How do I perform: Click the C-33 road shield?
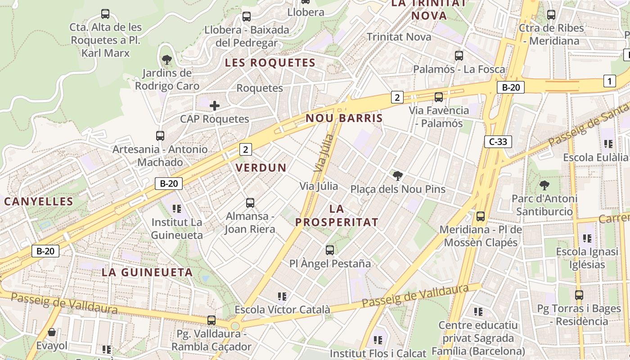coord(498,142)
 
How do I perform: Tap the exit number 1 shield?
coord(609,81)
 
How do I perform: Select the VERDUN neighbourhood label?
coord(261,168)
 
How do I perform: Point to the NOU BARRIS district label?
coord(344,118)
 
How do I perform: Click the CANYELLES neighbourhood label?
coord(38,201)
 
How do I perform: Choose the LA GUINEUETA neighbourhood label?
coord(147,272)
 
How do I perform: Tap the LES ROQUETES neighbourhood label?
coord(270,63)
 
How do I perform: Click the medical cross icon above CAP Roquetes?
coord(215,106)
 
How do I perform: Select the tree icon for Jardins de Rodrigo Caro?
coord(166,59)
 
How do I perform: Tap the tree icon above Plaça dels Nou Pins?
coord(397,175)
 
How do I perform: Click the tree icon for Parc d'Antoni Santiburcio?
coord(544,185)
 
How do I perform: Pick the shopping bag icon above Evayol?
coord(52,333)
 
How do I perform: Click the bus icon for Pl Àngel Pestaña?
coord(330,250)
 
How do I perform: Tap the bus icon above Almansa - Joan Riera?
coord(250,203)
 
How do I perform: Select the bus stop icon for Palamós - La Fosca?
coord(459,56)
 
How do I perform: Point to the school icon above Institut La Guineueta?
coord(176,209)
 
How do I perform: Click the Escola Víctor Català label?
coord(282,310)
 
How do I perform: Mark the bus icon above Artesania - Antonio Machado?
coord(160,135)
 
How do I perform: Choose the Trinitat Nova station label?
coord(399,37)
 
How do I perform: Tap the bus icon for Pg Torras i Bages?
coord(579,295)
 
